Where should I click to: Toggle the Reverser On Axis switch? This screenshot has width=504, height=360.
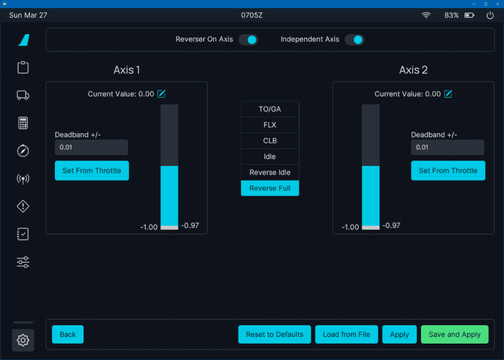coord(248,40)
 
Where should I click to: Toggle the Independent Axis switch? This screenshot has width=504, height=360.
coord(354,40)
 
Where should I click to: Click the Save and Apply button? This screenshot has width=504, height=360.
coord(455,334)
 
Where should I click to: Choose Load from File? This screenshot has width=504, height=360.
coord(347,334)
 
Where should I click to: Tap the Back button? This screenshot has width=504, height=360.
coord(68,334)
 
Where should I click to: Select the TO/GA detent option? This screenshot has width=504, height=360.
coord(270,109)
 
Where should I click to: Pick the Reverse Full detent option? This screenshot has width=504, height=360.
coord(270,188)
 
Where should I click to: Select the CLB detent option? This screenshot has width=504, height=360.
coord(270,140)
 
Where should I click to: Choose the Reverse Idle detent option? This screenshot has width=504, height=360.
coord(270,172)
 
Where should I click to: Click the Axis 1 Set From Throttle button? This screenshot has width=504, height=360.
coord(92,171)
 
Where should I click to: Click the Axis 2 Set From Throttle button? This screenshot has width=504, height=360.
coord(448,171)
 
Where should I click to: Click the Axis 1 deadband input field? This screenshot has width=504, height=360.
coord(92,148)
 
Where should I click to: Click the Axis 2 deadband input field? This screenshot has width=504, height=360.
coord(447,148)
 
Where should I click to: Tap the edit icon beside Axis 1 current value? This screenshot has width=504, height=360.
coord(162,94)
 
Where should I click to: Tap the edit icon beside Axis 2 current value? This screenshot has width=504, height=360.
coord(448,94)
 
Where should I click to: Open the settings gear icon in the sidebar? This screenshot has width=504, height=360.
coord(23,340)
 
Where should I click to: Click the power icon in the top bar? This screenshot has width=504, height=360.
coord(490,15)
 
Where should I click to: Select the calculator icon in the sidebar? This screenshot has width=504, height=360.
coord(23,123)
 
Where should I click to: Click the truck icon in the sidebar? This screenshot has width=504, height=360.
coord(23,95)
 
